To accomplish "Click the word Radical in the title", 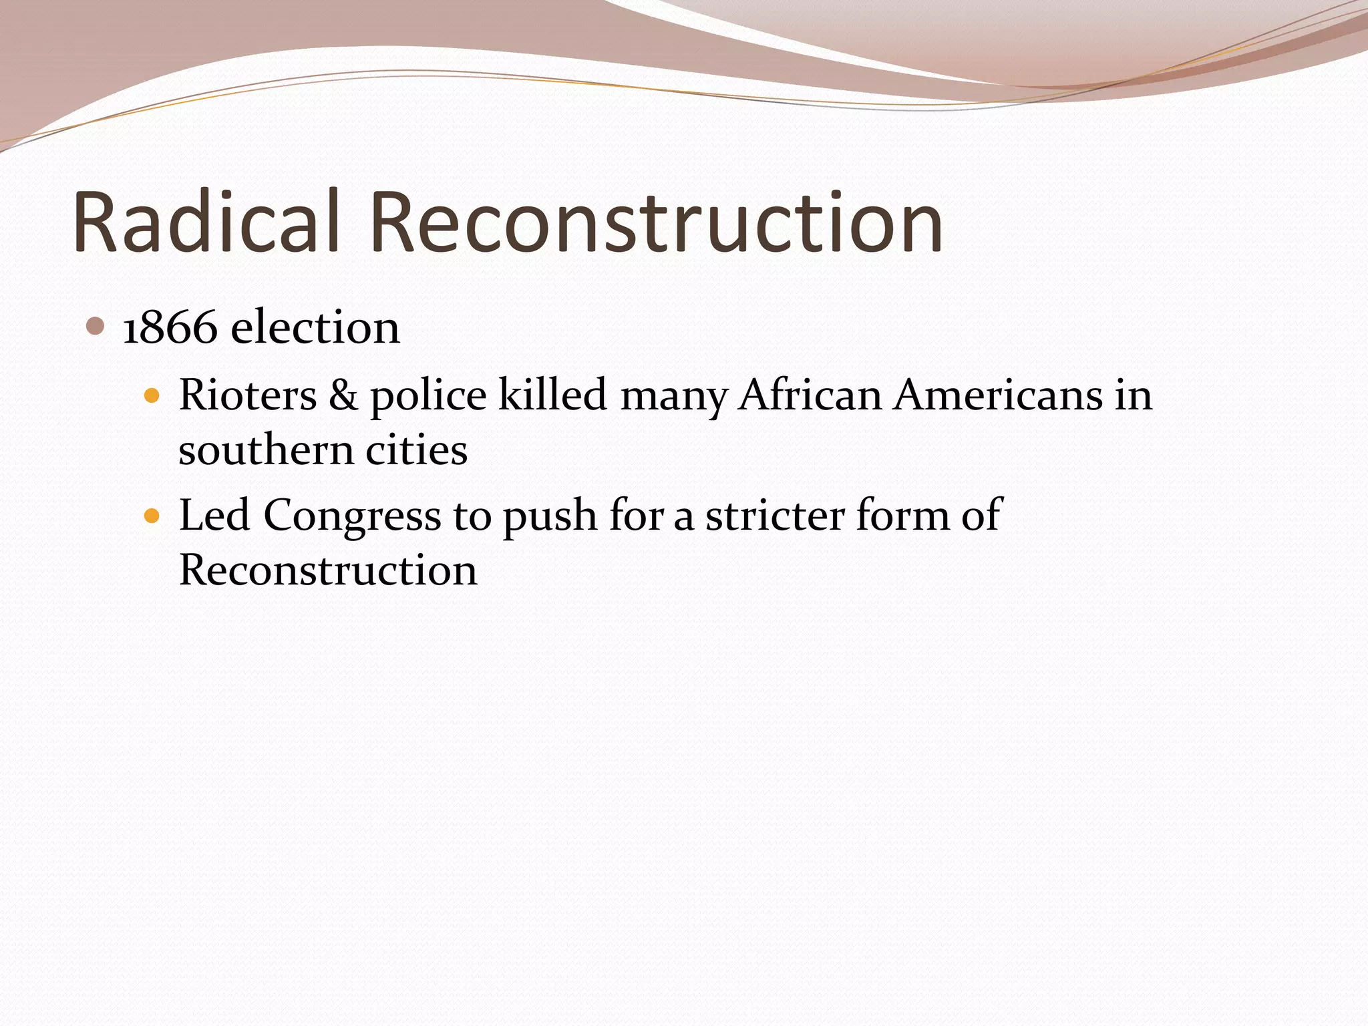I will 207,222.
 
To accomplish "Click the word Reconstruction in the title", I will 656,222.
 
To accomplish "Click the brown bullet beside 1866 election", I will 96,327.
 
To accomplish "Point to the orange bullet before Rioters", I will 153,396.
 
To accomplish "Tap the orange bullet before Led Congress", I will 153,516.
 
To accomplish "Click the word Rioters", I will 248,395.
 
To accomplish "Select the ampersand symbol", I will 343,395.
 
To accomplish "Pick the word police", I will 428,396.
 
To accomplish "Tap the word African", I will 810,395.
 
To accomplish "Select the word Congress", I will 352,516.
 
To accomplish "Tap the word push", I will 550,516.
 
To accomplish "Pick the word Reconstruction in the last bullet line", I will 328,570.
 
